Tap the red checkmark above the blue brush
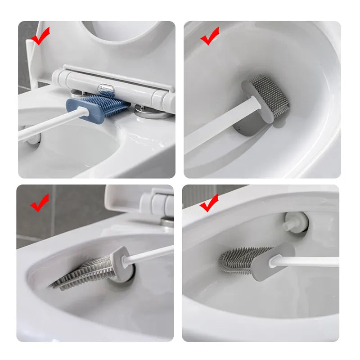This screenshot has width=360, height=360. click(x=40, y=36)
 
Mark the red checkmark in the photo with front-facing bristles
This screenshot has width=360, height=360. click(x=210, y=36)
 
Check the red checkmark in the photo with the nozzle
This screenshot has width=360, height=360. click(x=209, y=203)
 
